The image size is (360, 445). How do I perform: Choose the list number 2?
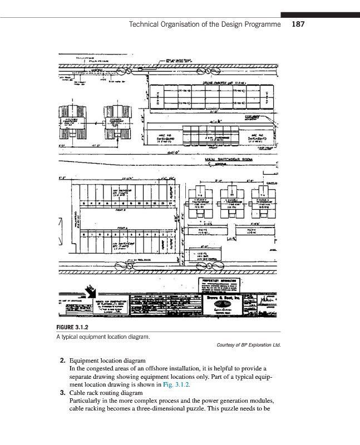pyautogui.click(x=62, y=360)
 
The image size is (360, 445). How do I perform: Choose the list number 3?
pyautogui.click(x=62, y=393)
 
